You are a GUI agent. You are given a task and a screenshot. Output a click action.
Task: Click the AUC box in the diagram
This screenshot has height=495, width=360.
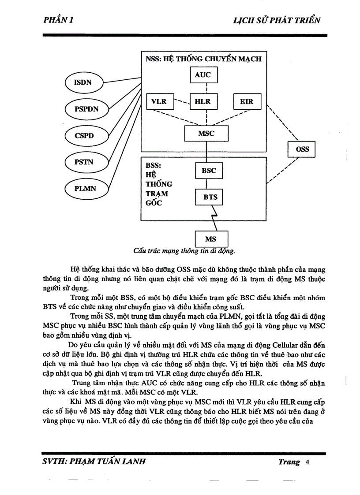[203, 75]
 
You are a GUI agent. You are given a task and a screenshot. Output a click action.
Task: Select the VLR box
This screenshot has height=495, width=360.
[159, 102]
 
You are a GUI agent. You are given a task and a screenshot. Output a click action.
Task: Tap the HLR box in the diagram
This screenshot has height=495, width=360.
[203, 102]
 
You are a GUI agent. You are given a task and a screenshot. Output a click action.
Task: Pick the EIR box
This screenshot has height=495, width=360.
[247, 102]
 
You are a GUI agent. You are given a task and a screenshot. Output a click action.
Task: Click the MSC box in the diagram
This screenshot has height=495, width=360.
[206, 133]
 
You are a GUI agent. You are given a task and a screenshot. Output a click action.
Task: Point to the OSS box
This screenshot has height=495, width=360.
[302, 149]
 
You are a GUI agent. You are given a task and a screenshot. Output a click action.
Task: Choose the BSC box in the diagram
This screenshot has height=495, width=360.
[209, 171]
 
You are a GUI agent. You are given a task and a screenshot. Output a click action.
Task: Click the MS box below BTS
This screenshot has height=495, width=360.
[210, 239]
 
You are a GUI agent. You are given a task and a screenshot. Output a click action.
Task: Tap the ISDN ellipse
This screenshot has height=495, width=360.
[83, 82]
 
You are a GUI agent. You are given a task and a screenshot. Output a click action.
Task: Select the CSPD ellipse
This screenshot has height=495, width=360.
[84, 135]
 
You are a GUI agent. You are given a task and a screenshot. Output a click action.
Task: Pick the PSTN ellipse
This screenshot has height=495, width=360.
[85, 162]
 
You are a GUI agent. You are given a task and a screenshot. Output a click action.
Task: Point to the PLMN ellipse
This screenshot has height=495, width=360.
[85, 189]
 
